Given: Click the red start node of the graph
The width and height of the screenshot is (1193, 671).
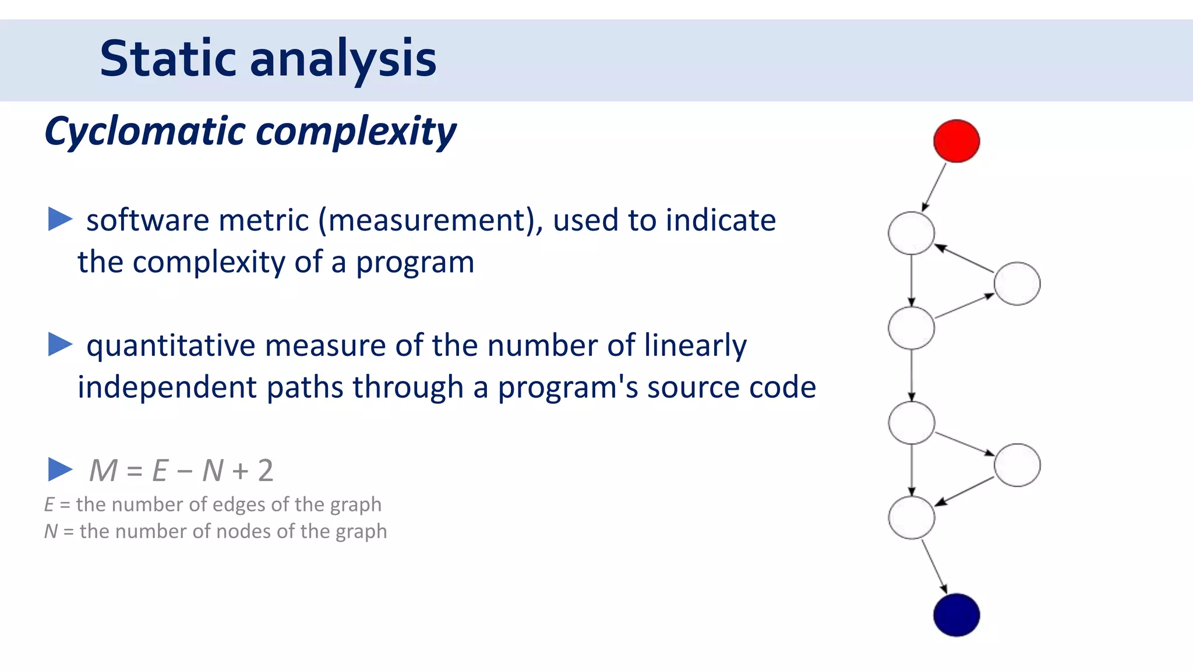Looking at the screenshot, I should tap(956, 141).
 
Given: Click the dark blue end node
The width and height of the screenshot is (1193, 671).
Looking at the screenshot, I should tap(956, 615).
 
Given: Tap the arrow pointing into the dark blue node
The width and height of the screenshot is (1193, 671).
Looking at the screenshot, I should tap(934, 567).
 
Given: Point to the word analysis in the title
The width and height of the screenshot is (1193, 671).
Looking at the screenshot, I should tap(343, 59).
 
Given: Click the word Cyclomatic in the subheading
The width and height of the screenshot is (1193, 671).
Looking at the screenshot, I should tap(146, 131).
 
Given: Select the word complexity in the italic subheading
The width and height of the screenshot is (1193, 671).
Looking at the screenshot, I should tap(356, 132).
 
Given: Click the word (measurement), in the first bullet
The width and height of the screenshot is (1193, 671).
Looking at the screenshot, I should tap(430, 221).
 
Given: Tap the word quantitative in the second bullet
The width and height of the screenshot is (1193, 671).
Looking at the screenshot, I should tap(171, 346).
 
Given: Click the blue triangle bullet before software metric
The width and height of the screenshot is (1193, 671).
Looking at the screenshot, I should tap(59, 219).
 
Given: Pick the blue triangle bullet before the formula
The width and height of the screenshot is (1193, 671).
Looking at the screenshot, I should tap(59, 469).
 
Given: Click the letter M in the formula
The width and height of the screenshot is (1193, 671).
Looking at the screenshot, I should tap(104, 470).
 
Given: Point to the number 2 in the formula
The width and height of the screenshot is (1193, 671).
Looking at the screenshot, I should tap(266, 470).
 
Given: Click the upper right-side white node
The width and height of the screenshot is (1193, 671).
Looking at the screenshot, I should tap(1017, 284).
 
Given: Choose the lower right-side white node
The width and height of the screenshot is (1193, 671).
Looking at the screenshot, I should tap(1017, 465).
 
